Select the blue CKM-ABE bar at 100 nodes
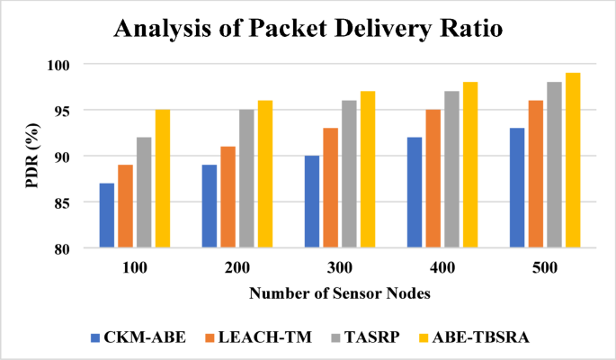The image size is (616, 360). tap(107, 215)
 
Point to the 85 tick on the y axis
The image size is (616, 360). tap(72, 202)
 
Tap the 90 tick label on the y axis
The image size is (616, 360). tap(72, 157)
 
